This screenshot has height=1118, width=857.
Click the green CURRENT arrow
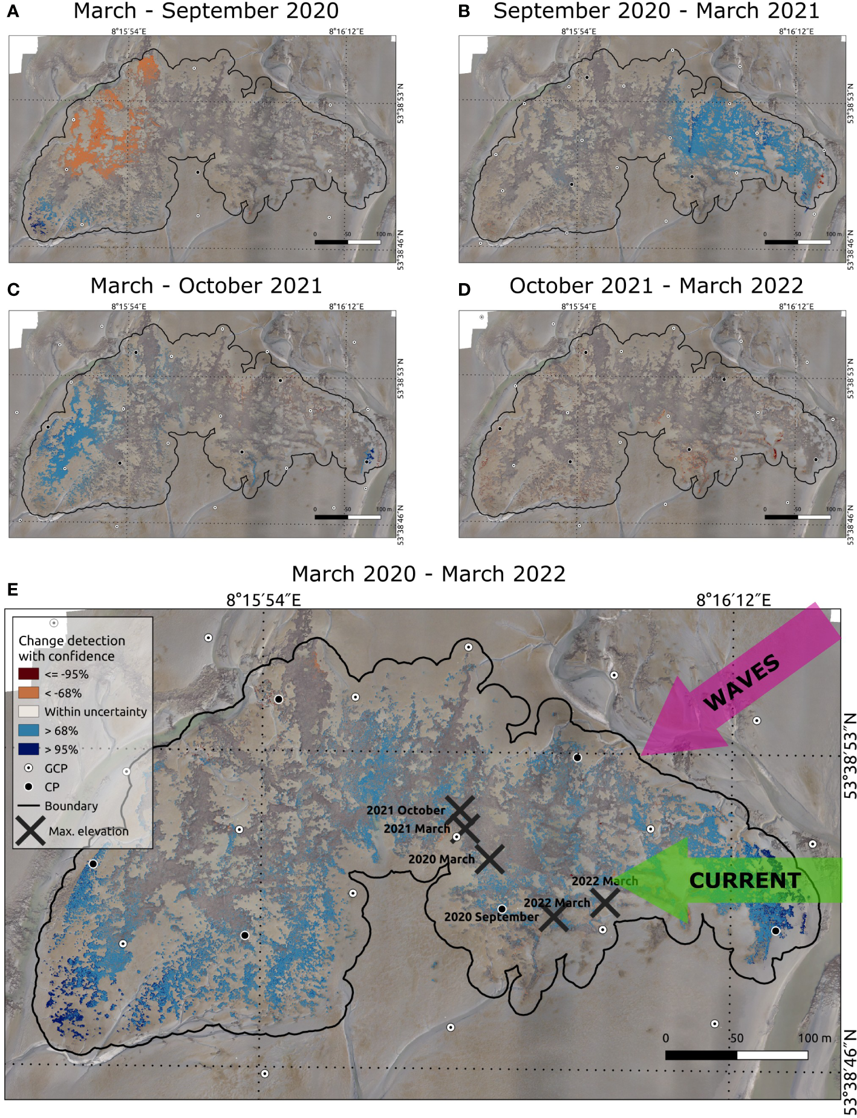pyautogui.click(x=738, y=880)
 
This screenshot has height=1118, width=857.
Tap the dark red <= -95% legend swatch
pyautogui.click(x=28, y=674)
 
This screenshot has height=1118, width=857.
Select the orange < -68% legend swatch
pyautogui.click(x=28, y=693)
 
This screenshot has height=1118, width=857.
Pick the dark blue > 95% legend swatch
pyautogui.click(x=28, y=749)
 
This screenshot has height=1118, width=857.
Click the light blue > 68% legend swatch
pyautogui.click(x=28, y=730)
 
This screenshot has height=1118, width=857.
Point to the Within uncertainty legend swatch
pyautogui.click(x=28, y=711)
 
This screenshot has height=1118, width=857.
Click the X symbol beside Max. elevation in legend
pyautogui.click(x=30, y=831)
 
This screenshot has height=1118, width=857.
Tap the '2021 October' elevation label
pyautogui.click(x=405, y=810)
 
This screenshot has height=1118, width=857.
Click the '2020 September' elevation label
pyautogui.click(x=490, y=917)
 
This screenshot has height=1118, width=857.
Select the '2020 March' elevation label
pyautogui.click(x=441, y=859)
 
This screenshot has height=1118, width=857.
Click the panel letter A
pyautogui.click(x=13, y=12)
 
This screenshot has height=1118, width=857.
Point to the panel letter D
pyautogui.click(x=464, y=290)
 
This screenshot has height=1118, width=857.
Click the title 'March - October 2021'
pyautogui.click(x=206, y=286)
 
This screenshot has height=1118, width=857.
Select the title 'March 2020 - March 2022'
pyautogui.click(x=428, y=574)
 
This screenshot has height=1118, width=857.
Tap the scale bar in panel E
pyautogui.click(x=736, y=1055)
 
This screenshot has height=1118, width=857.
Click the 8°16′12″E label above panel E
pyautogui.click(x=733, y=600)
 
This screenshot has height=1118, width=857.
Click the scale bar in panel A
pyautogui.click(x=347, y=242)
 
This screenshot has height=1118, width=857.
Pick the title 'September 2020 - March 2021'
pyautogui.click(x=656, y=11)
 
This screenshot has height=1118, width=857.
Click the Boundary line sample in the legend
pyautogui.click(x=28, y=806)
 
